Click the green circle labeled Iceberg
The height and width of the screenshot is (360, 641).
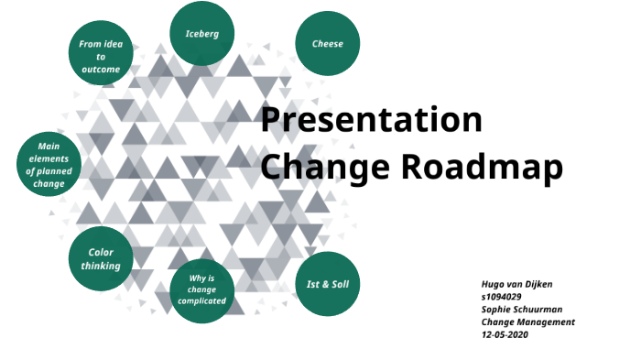[201, 34]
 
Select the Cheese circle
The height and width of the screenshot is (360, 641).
[327, 43]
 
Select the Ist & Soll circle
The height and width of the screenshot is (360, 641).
[327, 284]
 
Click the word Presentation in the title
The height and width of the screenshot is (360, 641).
[371, 121]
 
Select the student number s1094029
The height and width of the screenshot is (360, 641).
[501, 298]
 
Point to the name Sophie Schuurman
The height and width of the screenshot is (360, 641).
[523, 310]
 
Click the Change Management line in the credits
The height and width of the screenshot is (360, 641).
[527, 322]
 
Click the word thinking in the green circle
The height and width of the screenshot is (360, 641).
[101, 267]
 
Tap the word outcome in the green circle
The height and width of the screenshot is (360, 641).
[101, 69]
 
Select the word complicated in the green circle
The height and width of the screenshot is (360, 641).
[202, 301]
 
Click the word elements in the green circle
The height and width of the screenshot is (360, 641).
[49, 158]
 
